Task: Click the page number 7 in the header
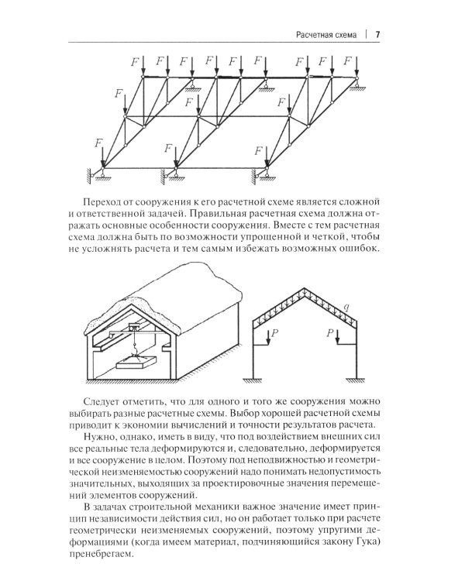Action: click(377, 34)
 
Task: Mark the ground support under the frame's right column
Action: click(357, 380)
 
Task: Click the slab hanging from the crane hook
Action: click(136, 361)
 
